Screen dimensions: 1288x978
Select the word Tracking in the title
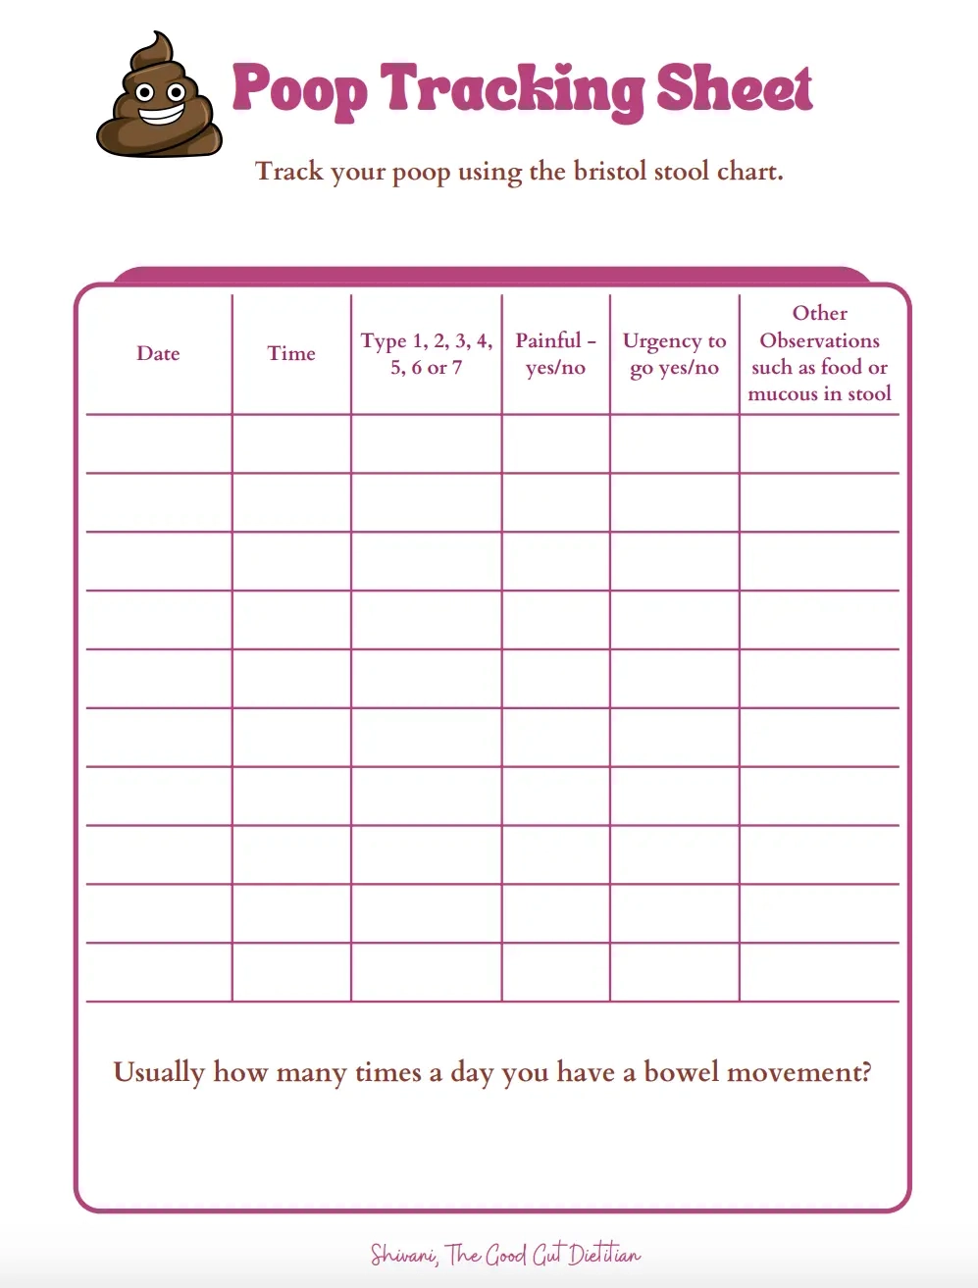coord(511,90)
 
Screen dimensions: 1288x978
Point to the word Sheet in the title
coord(734,88)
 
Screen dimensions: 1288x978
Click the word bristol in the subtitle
coord(609,172)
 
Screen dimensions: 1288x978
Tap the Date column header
coord(158,354)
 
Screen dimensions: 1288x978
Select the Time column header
coord(291,354)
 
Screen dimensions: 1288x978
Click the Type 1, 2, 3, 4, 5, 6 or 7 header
coord(427,354)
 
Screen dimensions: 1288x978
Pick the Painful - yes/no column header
coord(555,354)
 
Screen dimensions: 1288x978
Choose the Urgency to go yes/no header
coord(674,354)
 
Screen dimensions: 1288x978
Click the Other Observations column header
coord(819,353)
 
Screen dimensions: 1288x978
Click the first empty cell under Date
coord(159,444)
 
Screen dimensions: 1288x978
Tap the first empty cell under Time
coord(291,444)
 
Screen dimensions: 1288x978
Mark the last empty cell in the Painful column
coord(555,972)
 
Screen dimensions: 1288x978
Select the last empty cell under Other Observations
coord(819,972)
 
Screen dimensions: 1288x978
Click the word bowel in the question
coord(683,1072)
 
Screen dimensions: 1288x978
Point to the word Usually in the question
coord(159,1072)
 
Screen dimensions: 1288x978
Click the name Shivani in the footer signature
coord(403,1255)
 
